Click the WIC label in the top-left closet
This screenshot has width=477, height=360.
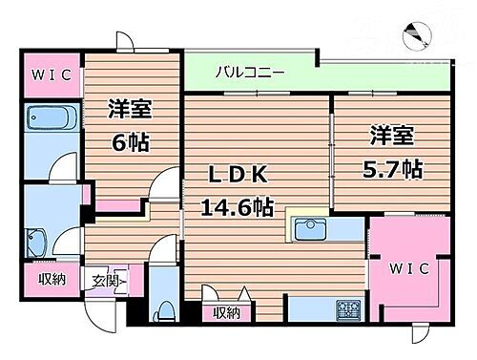[48, 74]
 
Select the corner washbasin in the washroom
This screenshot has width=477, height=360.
[41, 239]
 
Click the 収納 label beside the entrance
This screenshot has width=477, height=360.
[52, 280]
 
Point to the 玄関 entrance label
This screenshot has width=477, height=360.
[105, 281]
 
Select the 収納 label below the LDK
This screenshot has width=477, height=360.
[226, 312]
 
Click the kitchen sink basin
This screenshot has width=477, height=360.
[313, 230]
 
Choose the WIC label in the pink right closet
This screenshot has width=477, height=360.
[407, 269]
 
